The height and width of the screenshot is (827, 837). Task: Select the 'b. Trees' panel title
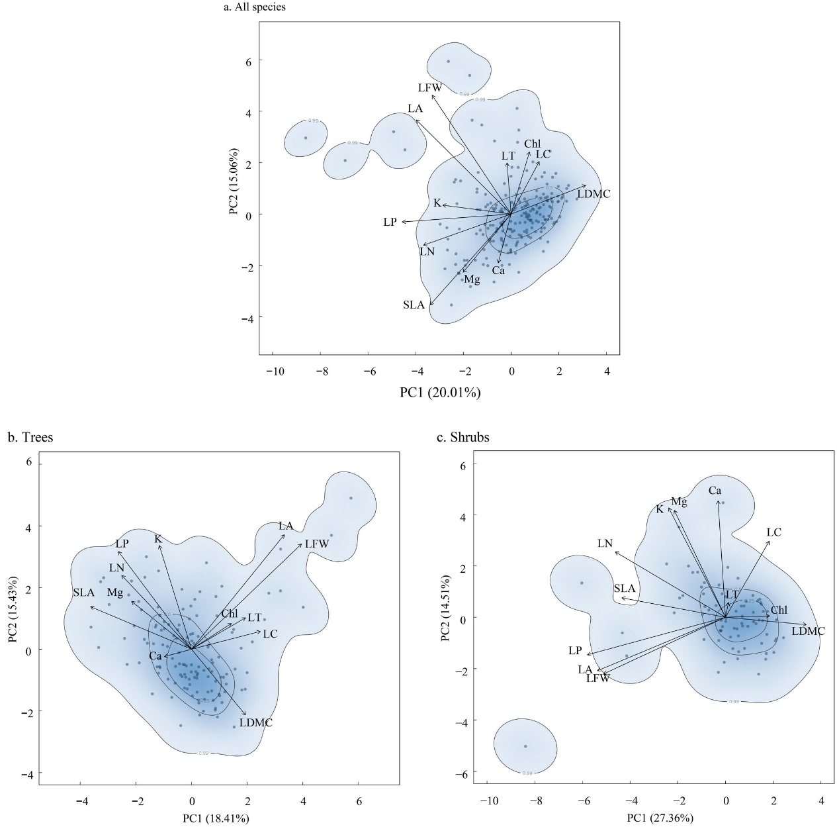pos(30,437)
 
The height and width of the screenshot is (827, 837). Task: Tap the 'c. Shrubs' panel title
pos(463,437)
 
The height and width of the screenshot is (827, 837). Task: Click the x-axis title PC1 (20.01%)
pos(440,393)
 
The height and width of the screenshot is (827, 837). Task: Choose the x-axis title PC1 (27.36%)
pos(660,818)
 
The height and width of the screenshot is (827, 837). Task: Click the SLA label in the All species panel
pos(414,305)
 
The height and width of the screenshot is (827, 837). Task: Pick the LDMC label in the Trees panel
pos(256,722)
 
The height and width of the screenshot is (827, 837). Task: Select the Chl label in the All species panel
pos(532,144)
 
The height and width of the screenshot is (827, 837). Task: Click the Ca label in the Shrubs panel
pos(715,491)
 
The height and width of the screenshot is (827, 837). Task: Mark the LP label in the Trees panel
pos(122,544)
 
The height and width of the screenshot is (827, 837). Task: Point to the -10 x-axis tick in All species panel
pos(275,371)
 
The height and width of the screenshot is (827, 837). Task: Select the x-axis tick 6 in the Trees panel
pos(359,801)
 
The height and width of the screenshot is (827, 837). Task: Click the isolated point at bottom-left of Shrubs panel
pos(525,746)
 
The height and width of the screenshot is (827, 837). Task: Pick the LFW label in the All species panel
pos(429,87)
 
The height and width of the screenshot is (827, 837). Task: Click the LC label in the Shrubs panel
pos(773,532)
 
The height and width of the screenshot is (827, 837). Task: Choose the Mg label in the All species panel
pos(472,279)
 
